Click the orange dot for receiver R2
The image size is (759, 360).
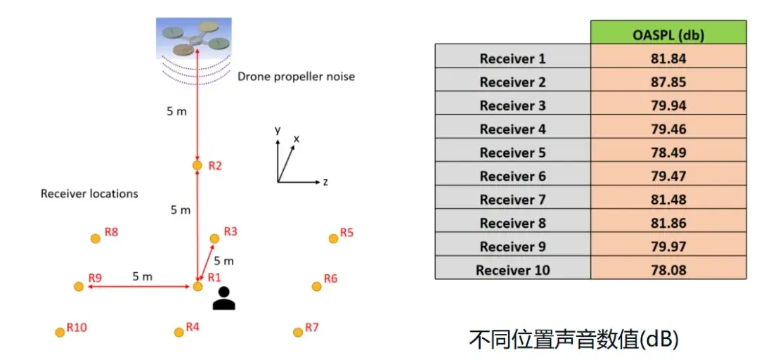point(197,166)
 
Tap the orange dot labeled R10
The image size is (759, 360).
point(60,333)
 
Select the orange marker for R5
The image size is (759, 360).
point(334,238)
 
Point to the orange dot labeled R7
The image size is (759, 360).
point(298,332)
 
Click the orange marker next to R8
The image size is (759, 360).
point(96,238)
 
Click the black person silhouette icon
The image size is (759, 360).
point(224,298)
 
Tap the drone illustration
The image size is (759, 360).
point(194,38)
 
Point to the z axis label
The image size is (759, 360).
point(326,182)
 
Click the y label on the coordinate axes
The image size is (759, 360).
point(278,130)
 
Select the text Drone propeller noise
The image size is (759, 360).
point(297,77)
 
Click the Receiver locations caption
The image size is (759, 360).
point(89,194)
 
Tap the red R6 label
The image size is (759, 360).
point(330,278)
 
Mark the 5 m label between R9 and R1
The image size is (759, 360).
point(142,276)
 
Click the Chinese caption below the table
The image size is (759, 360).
point(573,339)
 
